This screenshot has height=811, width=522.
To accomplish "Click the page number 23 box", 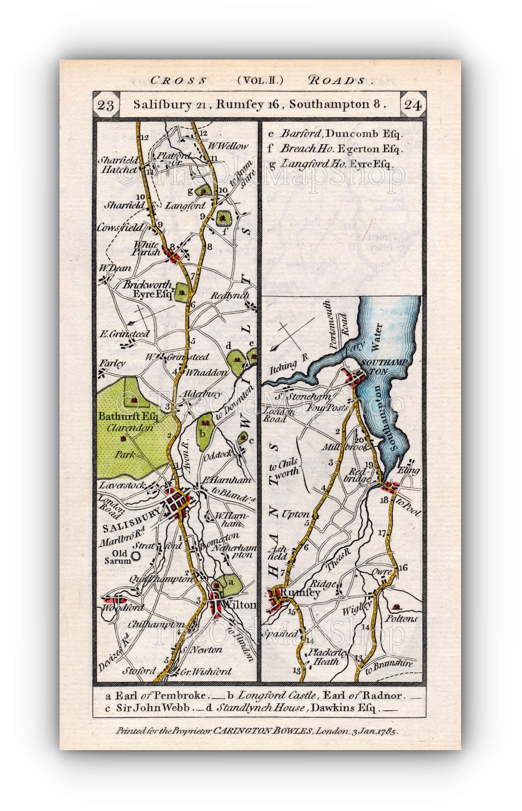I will point(105,105).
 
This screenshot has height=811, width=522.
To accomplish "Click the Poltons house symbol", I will point(396,606).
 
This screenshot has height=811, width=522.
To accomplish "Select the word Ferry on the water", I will point(355,347).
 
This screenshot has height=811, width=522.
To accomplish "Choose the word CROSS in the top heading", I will point(178,80).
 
